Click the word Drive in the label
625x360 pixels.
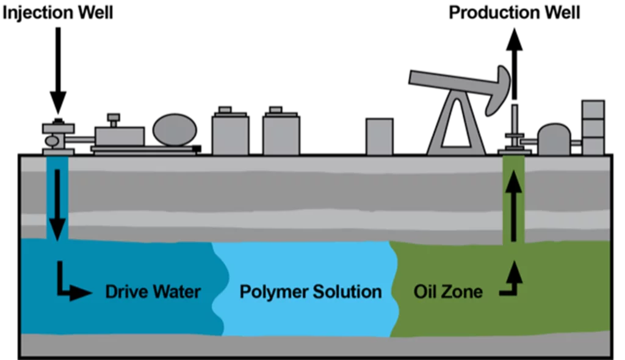click(x=126, y=292)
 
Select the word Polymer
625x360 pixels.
click(x=273, y=292)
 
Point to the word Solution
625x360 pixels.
click(x=347, y=292)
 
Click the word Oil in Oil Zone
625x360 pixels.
click(x=425, y=292)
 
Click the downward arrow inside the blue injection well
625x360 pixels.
click(x=57, y=204)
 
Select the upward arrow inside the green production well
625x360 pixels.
click(x=513, y=204)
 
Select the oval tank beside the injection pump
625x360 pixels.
click(x=175, y=130)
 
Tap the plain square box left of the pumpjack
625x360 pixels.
click(x=379, y=137)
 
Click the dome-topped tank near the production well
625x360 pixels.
click(x=554, y=141)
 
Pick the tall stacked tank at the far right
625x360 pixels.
click(x=593, y=128)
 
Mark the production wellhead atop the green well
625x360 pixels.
click(x=514, y=137)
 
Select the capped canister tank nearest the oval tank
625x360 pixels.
click(x=230, y=133)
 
